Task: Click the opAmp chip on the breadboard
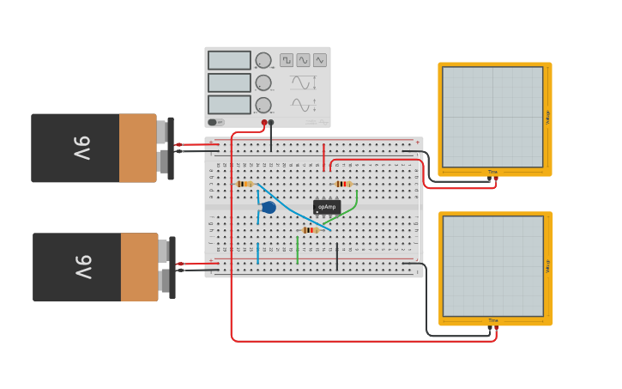coord(327,207)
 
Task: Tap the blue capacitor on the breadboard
coord(269,207)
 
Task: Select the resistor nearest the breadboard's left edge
coord(244,184)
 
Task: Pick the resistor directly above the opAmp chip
coord(343,184)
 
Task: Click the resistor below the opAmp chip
coord(311,230)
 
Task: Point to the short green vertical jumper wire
coord(298,252)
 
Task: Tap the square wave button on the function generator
coord(287,60)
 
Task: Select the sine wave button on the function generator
coord(303,60)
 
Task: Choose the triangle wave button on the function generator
coord(320,60)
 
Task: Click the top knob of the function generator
coord(263,60)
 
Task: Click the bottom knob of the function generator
coord(263,105)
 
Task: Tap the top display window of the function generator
coord(229,60)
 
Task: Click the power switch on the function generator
coord(214,122)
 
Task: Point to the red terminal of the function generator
coord(264,123)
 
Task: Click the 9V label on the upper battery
coord(82,149)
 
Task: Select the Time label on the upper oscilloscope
coord(492,173)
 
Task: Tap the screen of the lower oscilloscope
coord(492,266)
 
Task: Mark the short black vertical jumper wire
coord(337,254)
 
